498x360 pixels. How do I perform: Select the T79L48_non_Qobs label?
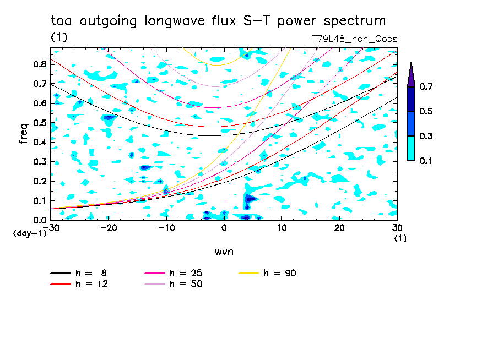click(354, 39)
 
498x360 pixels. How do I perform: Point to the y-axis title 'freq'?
click(23, 134)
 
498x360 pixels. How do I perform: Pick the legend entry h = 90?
click(280, 273)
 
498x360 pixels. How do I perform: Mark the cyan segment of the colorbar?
click(411, 148)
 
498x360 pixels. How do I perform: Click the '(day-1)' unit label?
click(29, 233)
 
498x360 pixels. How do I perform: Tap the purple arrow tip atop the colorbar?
click(411, 75)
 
